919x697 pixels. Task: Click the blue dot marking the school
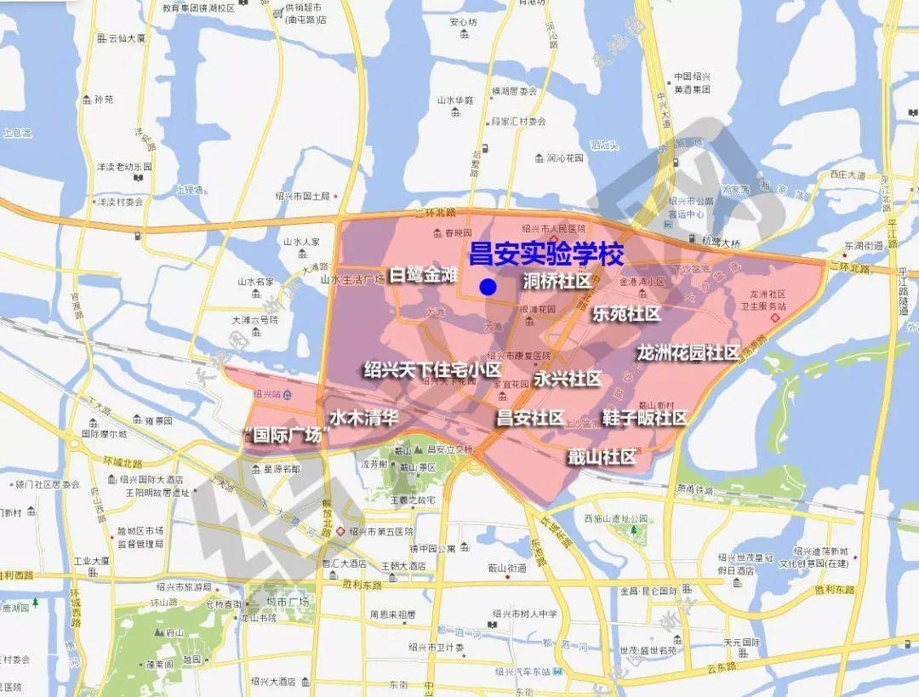pos(488,287)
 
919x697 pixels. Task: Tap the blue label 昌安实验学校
pos(546,254)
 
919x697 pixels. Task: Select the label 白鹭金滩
pos(424,275)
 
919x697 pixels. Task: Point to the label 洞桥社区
pos(557,281)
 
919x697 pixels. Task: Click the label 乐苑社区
pos(627,314)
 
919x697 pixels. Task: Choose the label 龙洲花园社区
pos(687,352)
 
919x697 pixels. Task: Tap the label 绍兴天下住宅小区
pos(432,370)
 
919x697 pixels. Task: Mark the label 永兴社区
pos(568,379)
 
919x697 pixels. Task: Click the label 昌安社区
pos(530,418)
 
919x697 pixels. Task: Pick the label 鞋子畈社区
pos(644,418)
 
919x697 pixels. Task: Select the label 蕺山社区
pos(602,457)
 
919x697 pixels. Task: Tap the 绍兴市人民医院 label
pos(553,229)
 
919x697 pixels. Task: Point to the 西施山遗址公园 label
pos(616,518)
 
